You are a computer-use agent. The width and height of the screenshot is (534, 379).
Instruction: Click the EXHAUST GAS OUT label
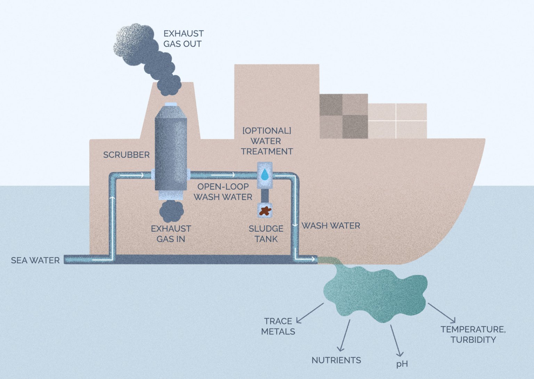click(183, 39)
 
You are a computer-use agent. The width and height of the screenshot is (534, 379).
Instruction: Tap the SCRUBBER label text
click(126, 155)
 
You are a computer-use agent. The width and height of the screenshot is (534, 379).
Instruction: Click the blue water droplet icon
click(265, 175)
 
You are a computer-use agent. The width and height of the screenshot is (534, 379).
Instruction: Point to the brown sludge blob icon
click(265, 211)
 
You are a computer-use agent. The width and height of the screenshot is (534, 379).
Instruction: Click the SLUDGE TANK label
click(266, 234)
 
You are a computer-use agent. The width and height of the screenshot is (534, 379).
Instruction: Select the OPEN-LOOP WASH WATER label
click(223, 192)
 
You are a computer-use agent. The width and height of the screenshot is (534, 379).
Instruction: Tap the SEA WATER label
click(35, 260)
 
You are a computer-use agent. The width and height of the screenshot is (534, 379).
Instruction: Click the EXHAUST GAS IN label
click(171, 234)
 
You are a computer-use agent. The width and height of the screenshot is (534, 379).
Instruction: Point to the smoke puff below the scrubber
click(171, 211)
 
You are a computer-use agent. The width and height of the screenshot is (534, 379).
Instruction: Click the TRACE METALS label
click(278, 326)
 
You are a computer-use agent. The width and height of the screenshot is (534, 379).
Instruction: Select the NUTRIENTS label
click(336, 360)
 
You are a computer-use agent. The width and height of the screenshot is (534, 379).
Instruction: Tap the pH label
click(402, 364)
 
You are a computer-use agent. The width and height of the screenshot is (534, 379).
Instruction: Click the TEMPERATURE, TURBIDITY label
click(473, 334)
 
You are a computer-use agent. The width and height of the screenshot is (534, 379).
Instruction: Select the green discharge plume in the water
click(375, 294)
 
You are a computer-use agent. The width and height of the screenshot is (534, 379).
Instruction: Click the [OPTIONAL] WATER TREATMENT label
click(267, 141)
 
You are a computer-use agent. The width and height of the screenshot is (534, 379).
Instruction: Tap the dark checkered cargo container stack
click(343, 116)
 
